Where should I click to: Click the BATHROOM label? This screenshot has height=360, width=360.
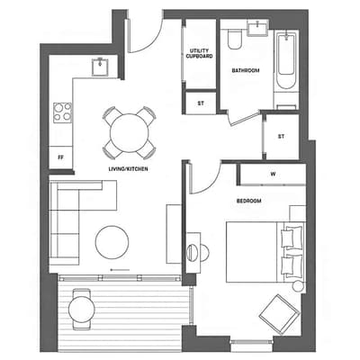[246, 70]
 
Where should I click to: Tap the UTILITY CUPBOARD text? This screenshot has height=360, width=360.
[199, 53]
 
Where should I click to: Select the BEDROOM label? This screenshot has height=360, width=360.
[248, 201]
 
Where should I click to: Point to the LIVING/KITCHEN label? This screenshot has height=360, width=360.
[128, 169]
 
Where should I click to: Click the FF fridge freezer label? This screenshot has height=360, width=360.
[60, 157]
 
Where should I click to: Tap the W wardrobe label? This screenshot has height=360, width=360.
[273, 174]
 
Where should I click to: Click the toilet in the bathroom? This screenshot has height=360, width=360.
[234, 39]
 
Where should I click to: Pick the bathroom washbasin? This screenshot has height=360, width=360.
[258, 28]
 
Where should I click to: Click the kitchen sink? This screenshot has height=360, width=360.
[100, 67]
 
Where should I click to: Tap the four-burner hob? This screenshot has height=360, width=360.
[63, 112]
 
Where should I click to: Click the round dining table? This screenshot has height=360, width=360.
[129, 133]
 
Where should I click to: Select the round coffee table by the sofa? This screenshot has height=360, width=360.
[112, 242]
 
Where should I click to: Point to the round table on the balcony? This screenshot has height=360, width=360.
[81, 310]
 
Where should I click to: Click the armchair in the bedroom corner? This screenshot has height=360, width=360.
[280, 314]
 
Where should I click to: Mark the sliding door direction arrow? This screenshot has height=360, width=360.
[120, 270]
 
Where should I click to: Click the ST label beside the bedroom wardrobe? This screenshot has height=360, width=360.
[281, 137]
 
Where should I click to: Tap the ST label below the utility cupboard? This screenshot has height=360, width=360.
[201, 103]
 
